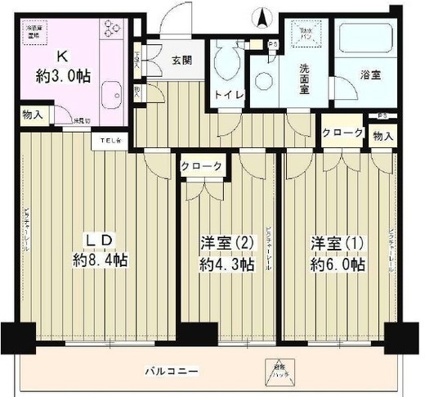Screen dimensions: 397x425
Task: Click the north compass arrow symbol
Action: (x=262, y=16)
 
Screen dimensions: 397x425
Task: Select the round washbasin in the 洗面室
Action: (x=263, y=82)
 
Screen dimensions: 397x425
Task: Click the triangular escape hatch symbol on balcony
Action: (x=269, y=372)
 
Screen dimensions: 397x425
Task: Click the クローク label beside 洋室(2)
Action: (x=201, y=166)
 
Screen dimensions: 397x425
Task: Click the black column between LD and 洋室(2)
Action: (x=192, y=334)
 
